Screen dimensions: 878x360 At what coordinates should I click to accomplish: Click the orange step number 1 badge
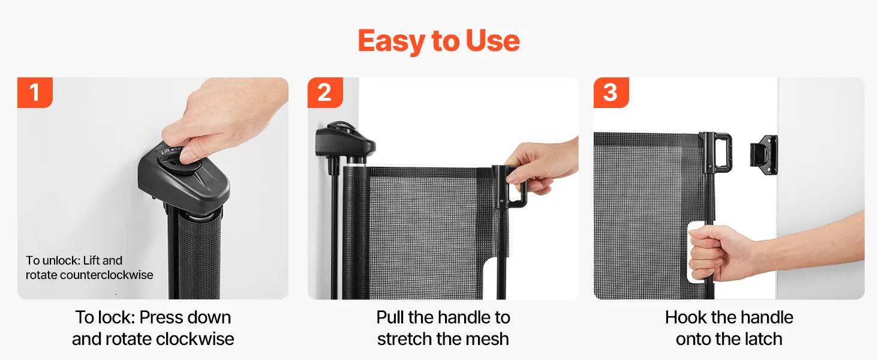(35, 92)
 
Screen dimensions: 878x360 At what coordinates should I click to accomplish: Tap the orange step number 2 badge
(325, 92)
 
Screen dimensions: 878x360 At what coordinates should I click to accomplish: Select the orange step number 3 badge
(611, 92)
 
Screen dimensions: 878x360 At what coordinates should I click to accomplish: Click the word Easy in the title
(392, 41)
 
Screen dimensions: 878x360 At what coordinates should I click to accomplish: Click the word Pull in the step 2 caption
(390, 317)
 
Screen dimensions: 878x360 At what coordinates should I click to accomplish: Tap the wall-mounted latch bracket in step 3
(764, 155)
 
